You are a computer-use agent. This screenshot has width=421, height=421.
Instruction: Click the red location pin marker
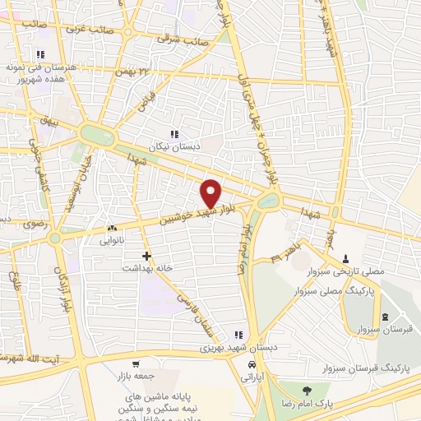tap(211, 192)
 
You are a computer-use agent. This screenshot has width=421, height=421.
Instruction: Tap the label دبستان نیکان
tap(169, 146)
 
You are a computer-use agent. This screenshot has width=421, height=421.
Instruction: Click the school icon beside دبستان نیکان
tap(173, 133)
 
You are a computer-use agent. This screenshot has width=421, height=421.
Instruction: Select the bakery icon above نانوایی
tap(112, 229)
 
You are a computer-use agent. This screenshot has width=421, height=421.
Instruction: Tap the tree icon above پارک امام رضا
tap(308, 391)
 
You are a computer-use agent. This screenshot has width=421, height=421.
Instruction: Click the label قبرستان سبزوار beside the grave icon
tap(363, 330)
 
